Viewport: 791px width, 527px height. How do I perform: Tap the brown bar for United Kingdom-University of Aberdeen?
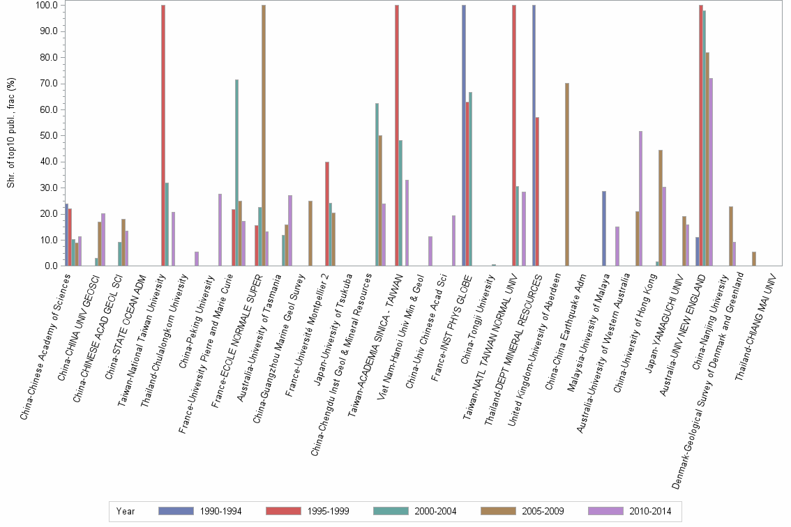567,174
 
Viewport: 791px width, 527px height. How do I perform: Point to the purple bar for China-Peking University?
220,230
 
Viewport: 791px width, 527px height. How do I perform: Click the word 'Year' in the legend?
126,511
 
